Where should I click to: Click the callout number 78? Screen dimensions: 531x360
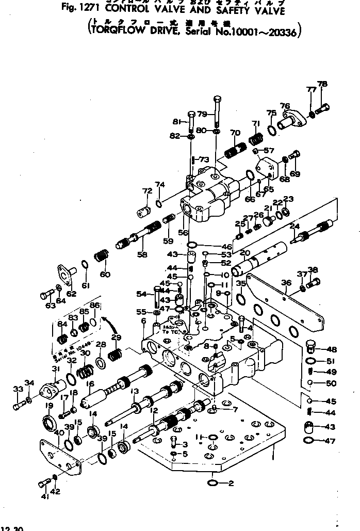point(322,85)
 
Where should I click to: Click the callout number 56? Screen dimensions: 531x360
point(183,233)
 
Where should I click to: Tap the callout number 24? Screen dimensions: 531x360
point(295,225)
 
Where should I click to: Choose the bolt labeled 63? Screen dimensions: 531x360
point(46,296)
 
